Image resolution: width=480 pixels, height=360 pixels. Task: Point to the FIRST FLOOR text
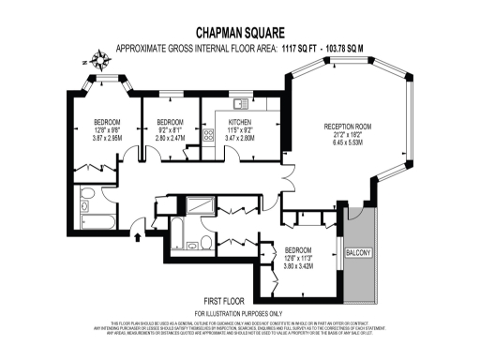point(238,299)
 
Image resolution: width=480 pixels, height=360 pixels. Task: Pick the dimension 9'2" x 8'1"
point(170,130)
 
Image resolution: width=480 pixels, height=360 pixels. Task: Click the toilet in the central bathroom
point(204,243)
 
